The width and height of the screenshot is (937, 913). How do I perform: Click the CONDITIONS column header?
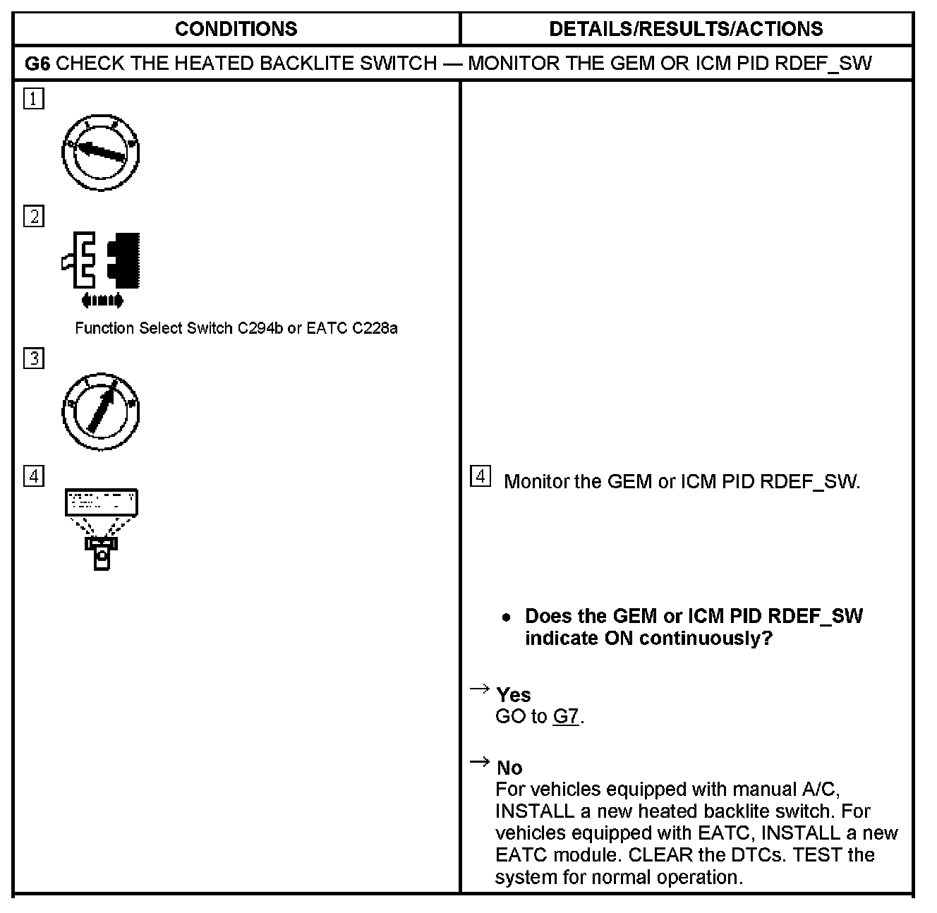[x=236, y=29]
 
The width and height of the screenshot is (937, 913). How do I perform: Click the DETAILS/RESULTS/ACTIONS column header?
[x=686, y=29]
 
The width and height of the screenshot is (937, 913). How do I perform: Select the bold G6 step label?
[x=37, y=64]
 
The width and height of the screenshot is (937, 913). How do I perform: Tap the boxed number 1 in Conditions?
[x=33, y=98]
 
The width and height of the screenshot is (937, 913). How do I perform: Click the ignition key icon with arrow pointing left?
[x=101, y=152]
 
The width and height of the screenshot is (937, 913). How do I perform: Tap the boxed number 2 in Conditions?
[x=33, y=216]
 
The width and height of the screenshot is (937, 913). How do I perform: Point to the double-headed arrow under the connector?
[x=102, y=301]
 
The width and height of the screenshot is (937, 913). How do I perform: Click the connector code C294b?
[x=260, y=328]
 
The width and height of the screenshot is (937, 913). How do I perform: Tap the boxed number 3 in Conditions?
[x=33, y=358]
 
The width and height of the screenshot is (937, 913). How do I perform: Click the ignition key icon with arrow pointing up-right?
[x=101, y=411]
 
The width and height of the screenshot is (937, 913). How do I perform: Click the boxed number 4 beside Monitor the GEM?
[x=480, y=476]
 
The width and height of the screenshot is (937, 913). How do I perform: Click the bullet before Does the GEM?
[x=506, y=617]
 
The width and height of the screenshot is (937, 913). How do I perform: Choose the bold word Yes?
[x=513, y=695]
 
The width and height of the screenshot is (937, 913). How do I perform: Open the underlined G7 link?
[x=566, y=717]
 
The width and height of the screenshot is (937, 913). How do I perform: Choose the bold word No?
[x=509, y=768]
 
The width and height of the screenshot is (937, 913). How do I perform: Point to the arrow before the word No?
[x=480, y=761]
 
